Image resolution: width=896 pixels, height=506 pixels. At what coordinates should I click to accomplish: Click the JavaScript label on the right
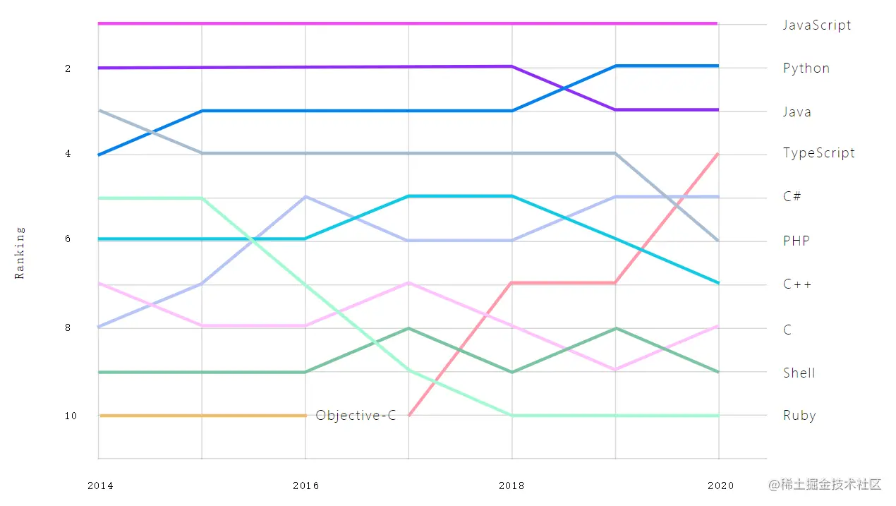(x=817, y=25)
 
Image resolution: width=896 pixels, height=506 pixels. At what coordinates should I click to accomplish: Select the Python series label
(x=806, y=68)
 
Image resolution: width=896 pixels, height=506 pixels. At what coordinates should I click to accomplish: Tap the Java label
(x=797, y=112)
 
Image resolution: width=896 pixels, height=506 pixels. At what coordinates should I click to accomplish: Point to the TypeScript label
(x=818, y=153)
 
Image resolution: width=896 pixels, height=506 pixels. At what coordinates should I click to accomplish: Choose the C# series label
(x=792, y=196)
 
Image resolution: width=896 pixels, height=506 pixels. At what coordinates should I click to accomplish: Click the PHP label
(x=797, y=241)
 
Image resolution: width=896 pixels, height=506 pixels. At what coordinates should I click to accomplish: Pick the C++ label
(x=797, y=284)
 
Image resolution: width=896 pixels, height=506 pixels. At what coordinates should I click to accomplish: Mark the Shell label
(x=799, y=373)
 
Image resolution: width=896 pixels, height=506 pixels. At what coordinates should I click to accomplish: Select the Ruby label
(x=799, y=415)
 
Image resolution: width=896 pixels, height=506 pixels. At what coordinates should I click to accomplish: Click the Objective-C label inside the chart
(x=356, y=415)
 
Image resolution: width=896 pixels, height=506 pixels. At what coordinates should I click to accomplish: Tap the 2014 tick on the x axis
(x=99, y=486)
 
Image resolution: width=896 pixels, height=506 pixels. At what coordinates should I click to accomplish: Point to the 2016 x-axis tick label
(x=305, y=486)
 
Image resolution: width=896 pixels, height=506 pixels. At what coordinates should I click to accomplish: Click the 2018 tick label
(x=511, y=486)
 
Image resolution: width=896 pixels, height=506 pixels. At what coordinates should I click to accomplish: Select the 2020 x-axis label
(x=720, y=486)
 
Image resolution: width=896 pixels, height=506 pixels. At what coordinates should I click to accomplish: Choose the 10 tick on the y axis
(x=71, y=416)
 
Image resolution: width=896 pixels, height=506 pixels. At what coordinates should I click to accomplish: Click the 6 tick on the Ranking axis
(x=68, y=239)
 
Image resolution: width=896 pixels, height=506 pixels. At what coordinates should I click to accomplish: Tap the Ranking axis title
(x=20, y=253)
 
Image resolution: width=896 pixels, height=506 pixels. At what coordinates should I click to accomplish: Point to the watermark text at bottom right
(x=825, y=484)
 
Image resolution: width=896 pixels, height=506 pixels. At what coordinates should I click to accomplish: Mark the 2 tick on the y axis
(x=68, y=68)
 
